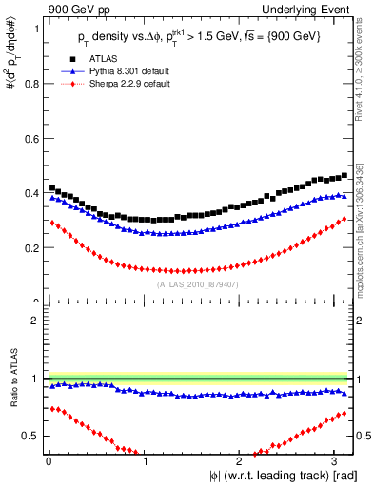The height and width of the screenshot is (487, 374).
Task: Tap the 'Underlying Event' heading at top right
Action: pos(313,9)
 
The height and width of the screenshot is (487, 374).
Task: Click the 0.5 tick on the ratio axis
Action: pos(34,436)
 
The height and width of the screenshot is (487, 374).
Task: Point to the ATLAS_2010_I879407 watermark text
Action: pos(196,282)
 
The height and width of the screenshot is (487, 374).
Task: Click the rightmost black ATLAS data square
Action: pos(344,176)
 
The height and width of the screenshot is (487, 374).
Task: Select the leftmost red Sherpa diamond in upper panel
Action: pos(51,223)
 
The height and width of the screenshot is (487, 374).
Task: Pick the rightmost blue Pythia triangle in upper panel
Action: pos(344,197)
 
